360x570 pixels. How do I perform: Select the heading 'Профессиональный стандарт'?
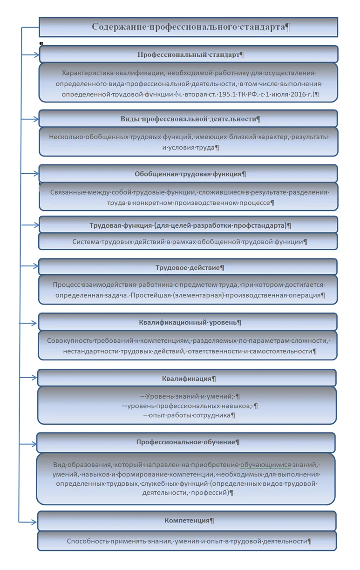(189, 54)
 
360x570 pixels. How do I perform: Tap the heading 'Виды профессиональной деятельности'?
(189, 119)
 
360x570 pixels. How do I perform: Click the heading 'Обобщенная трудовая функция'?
(189, 174)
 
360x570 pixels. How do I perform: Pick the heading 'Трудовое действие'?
(189, 268)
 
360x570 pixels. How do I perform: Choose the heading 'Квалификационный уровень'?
(189, 322)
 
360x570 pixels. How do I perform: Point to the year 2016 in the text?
(292, 94)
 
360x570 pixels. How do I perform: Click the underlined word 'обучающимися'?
(265, 465)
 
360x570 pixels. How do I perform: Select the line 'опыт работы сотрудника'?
(190, 415)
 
